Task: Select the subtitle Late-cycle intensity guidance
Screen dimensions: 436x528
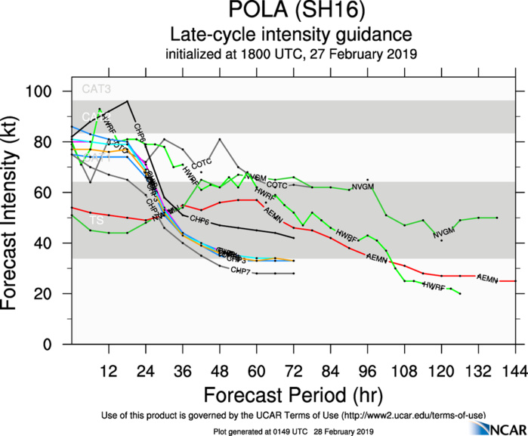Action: click(x=290, y=35)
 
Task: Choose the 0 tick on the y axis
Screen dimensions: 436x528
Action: click(x=57, y=344)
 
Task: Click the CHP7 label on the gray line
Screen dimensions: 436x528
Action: click(x=241, y=271)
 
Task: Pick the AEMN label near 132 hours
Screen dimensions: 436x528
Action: click(x=487, y=280)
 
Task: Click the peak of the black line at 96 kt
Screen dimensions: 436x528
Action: click(x=127, y=101)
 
